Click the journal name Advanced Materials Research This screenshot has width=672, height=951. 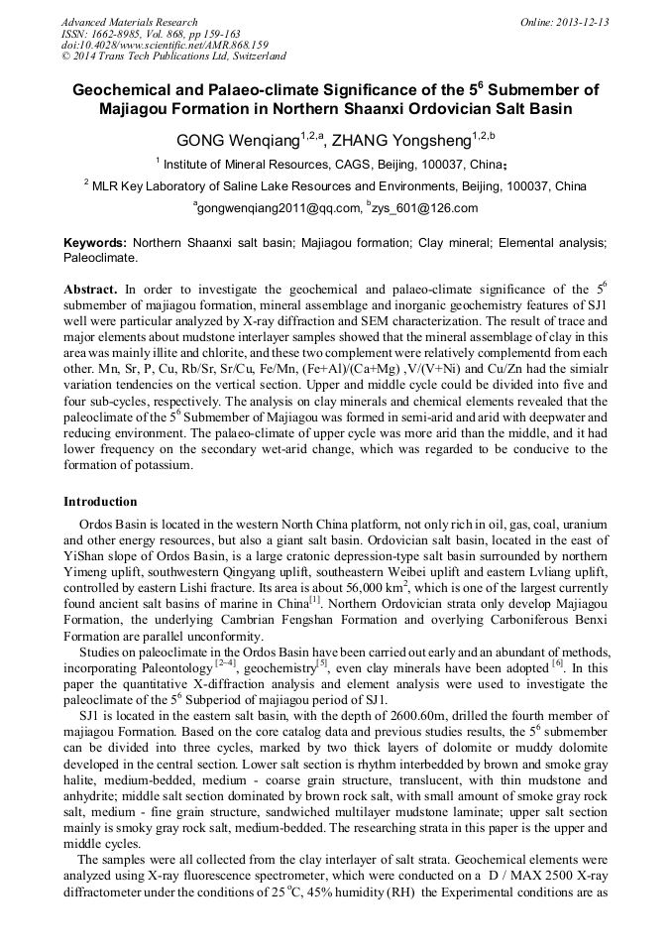pos(129,22)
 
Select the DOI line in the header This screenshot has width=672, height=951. pos(145,46)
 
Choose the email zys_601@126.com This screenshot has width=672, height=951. pos(411,208)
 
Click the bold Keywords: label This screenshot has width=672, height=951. pos(95,242)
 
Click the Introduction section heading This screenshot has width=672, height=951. pos(100,502)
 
